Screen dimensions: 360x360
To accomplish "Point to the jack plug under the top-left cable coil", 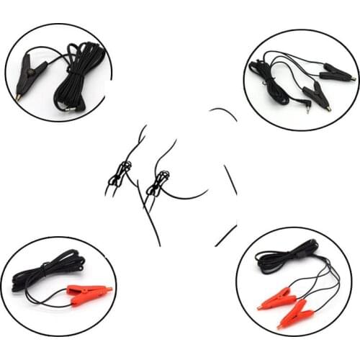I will click(x=69, y=106).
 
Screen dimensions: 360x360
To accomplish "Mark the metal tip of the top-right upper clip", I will click(x=352, y=76).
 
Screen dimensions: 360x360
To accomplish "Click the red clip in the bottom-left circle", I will click(x=86, y=292).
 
